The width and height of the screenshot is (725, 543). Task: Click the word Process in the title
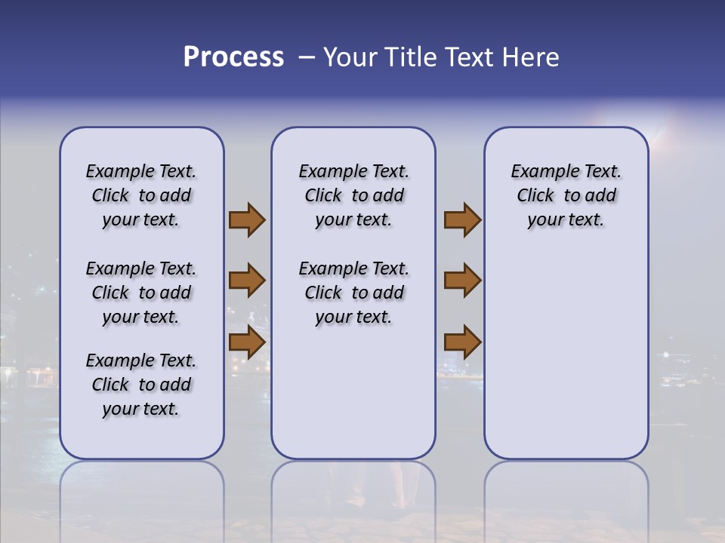[x=233, y=57]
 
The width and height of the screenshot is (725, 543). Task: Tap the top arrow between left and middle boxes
[x=246, y=220]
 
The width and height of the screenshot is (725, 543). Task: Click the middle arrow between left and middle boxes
[x=246, y=281]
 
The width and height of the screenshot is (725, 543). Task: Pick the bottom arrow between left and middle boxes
[x=246, y=342]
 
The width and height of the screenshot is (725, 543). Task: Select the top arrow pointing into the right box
[x=462, y=220]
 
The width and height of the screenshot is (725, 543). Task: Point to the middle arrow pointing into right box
[x=462, y=281]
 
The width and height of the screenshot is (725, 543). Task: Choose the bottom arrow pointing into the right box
[x=462, y=342]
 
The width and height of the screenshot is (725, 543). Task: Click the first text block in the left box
[x=141, y=195]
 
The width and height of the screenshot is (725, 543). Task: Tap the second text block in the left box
[x=141, y=293]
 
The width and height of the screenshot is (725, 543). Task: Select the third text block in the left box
[x=141, y=385]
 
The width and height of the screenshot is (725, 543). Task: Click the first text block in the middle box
[x=353, y=195]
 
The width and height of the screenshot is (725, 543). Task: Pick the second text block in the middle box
[x=353, y=293]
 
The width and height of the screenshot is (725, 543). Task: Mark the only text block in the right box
[x=566, y=195]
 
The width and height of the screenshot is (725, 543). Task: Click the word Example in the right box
[x=539, y=172]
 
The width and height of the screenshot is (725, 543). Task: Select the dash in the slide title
[x=307, y=57]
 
